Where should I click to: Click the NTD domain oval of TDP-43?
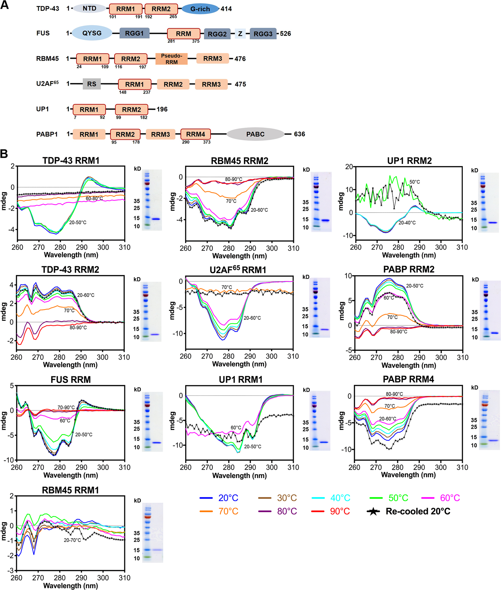click(x=89, y=9)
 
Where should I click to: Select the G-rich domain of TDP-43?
click(x=200, y=9)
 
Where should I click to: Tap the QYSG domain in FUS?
click(x=92, y=33)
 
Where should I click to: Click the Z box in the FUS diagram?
click(x=240, y=34)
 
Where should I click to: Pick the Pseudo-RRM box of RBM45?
click(x=171, y=59)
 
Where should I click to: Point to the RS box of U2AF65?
click(x=92, y=84)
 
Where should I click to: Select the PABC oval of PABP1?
click(x=255, y=134)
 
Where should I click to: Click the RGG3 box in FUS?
click(x=263, y=34)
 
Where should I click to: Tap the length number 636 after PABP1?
click(x=299, y=134)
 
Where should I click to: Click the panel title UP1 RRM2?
click(x=409, y=161)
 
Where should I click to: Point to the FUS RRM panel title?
click(x=71, y=380)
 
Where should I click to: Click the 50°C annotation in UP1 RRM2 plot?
click(x=414, y=182)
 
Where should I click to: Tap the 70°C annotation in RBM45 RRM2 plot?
click(x=231, y=201)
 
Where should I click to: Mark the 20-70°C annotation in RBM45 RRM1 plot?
click(x=72, y=540)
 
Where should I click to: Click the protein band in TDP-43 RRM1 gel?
click(x=156, y=219)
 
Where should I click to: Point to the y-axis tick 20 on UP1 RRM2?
click(x=349, y=167)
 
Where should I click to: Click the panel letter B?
click(x=4, y=154)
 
